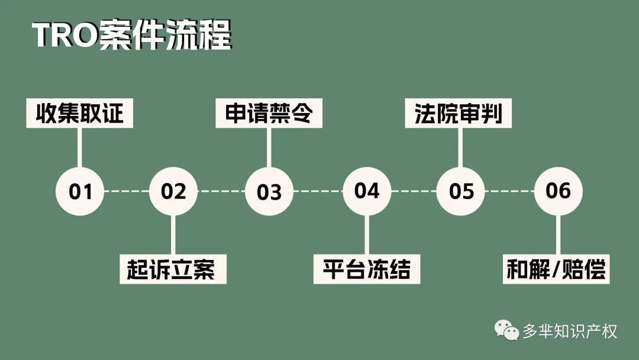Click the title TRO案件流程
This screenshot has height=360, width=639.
tap(132, 35)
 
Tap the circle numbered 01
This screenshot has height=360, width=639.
tap(80, 191)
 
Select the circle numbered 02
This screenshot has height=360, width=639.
tap(173, 191)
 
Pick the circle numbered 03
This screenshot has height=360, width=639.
tap(269, 191)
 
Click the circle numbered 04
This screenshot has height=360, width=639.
tap(367, 191)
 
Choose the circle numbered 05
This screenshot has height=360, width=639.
tap(460, 191)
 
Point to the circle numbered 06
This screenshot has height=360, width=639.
tap(559, 191)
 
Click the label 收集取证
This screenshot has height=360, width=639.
tap(79, 113)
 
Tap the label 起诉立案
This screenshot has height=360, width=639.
tap(173, 269)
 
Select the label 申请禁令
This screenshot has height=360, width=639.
tap(269, 113)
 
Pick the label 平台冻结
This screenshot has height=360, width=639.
tap(367, 269)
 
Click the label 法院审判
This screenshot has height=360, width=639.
tap(458, 113)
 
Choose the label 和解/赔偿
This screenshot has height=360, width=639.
tap(556, 269)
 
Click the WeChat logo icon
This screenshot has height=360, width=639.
tap(506, 330)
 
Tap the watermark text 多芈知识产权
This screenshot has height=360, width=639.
tap(570, 330)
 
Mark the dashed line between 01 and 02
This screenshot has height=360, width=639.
tap(127, 191)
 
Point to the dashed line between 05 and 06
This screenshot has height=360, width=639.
tap(509, 191)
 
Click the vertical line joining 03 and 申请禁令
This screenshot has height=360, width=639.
tap(269, 147)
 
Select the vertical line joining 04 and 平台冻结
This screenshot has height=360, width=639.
tap(367, 235)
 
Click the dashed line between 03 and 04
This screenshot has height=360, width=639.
tap(318, 191)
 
